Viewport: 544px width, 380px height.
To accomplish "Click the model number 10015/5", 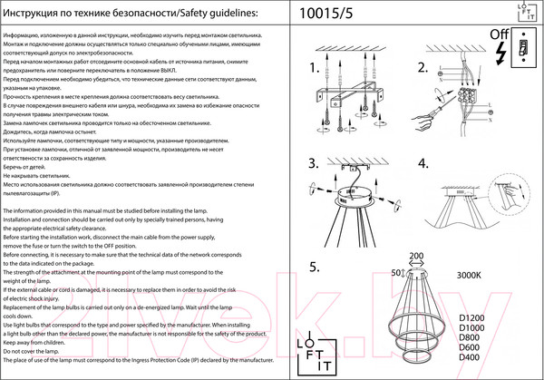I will coord(333,14).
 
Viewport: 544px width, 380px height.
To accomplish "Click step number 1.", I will coord(316,69).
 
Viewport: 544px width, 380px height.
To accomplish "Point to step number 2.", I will coord(422,69).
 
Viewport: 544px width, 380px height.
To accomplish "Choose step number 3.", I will coord(315,164).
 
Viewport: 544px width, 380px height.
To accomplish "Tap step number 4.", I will coord(422,164).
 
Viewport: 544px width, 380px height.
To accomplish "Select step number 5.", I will coord(315,268).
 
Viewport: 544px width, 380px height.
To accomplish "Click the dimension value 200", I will coord(417,257).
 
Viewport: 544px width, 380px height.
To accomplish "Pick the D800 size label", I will coord(472,338).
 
